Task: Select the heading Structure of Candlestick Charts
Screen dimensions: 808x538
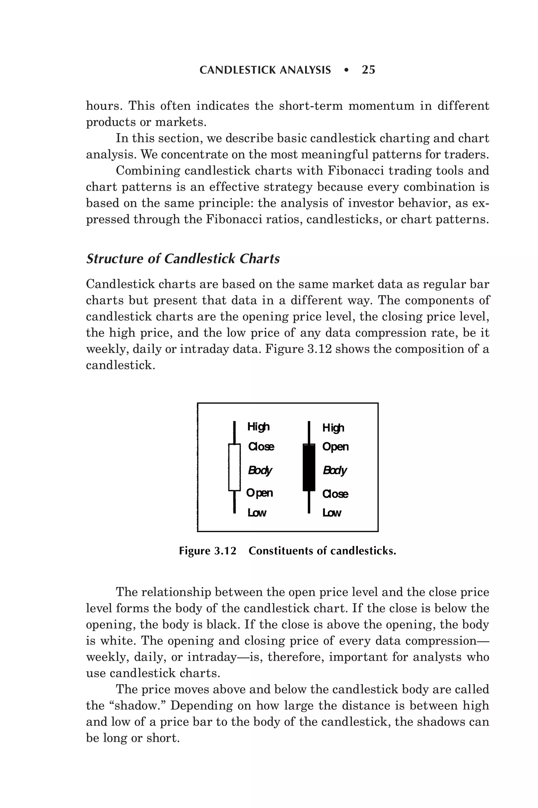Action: click(x=183, y=259)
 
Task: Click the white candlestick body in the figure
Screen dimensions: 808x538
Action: click(x=234, y=467)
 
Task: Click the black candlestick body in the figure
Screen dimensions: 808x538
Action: click(x=309, y=467)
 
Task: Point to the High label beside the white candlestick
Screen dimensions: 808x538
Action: click(x=258, y=427)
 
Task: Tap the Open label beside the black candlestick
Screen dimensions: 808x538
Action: click(x=335, y=447)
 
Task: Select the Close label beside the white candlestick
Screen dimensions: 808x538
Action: click(x=261, y=447)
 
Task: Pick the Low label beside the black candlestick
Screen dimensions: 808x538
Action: click(x=332, y=513)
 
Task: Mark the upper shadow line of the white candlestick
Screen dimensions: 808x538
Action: click(x=234, y=432)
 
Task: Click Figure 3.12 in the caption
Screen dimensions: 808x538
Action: click(x=208, y=551)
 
